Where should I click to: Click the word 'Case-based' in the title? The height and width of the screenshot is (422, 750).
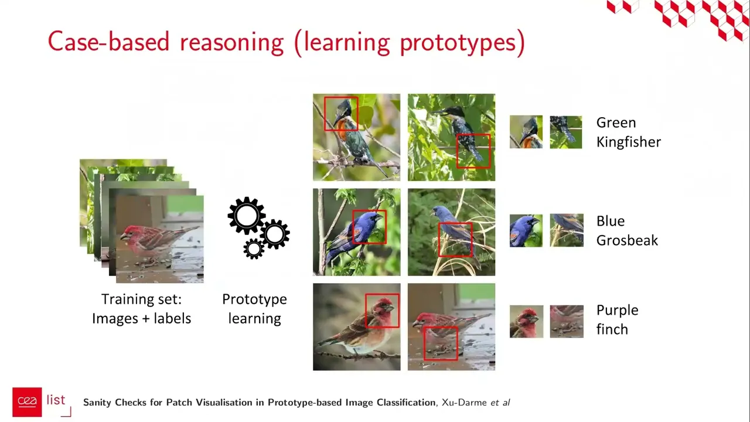point(109,42)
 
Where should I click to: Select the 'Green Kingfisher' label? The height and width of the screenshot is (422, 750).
point(628,132)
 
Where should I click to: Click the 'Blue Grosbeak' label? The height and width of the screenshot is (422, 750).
point(627,230)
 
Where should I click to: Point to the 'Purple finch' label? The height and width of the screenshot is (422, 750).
point(617,319)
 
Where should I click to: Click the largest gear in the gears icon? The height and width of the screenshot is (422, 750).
point(246,216)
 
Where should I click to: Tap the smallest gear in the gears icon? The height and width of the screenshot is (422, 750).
point(254,249)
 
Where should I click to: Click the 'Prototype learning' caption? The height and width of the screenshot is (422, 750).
point(254,309)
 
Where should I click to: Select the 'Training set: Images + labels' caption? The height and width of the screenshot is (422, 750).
point(141,309)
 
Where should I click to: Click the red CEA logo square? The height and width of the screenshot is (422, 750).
point(27,401)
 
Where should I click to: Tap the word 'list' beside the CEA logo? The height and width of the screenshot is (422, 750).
point(56,400)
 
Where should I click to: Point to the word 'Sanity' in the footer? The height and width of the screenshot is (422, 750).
point(99,403)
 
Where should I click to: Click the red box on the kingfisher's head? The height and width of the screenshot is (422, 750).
point(341,114)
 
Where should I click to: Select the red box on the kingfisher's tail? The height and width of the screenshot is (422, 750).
point(473,151)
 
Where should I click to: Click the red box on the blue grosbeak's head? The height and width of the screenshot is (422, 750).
point(369,227)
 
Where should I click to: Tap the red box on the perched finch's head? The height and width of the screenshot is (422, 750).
point(382,311)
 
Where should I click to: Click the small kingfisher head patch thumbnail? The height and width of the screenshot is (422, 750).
point(526,132)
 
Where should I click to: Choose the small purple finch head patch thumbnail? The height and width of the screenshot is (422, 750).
point(526,321)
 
